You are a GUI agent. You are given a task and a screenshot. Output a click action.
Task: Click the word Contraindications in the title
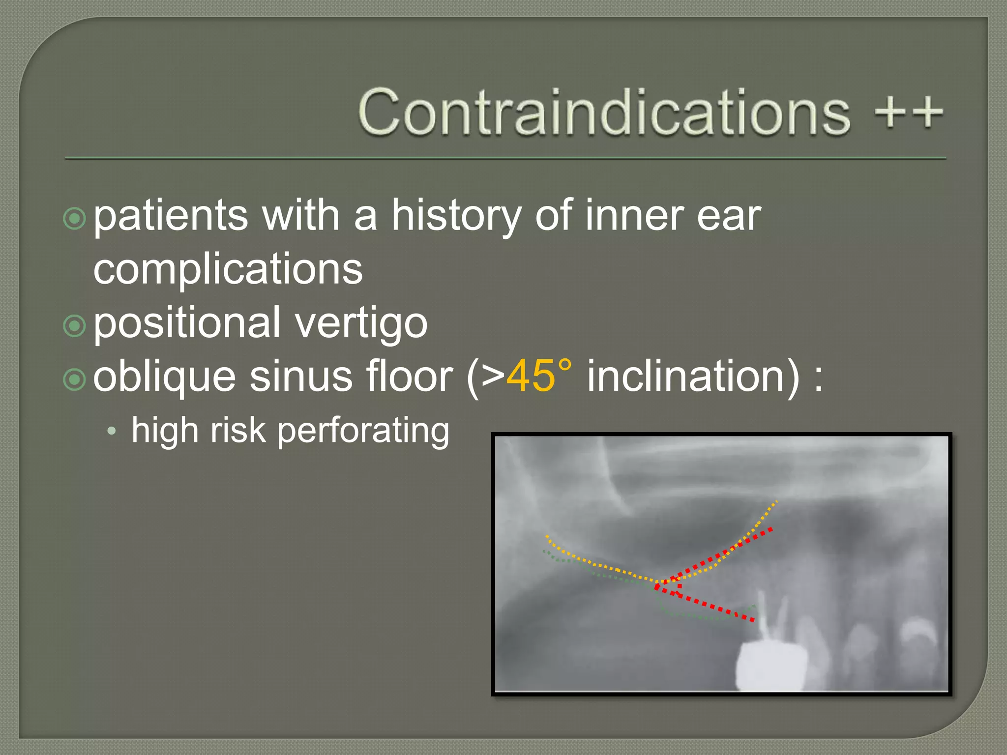[x=604, y=112]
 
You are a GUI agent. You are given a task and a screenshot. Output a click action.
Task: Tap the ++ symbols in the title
[x=909, y=112]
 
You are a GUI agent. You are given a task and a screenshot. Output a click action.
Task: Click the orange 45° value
[x=539, y=376]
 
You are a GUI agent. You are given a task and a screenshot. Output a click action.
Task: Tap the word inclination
[x=693, y=376]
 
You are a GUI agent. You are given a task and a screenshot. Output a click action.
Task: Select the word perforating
[x=363, y=431]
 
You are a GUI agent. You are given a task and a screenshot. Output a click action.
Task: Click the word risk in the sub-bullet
[x=238, y=430]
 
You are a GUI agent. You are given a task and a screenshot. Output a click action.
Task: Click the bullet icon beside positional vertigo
[x=75, y=326]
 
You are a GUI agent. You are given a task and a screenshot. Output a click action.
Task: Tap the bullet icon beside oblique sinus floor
[x=75, y=379]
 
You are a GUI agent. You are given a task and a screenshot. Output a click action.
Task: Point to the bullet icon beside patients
[x=75, y=219]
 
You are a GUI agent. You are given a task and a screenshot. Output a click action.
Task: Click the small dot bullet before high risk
[x=112, y=432]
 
